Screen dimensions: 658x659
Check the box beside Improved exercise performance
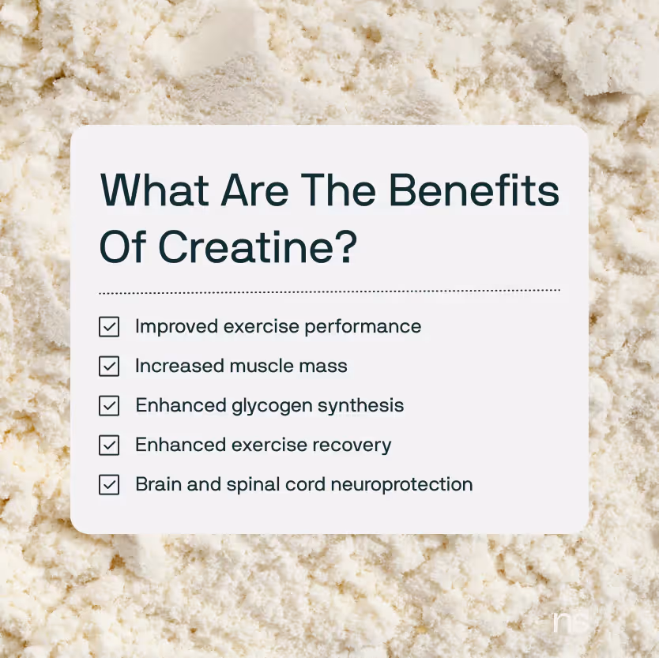click(x=109, y=327)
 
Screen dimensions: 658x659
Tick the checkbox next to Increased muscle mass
click(x=109, y=367)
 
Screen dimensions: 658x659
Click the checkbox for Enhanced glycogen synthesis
click(x=109, y=406)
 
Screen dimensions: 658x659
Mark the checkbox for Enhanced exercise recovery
click(x=109, y=446)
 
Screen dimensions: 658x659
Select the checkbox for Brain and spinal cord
click(x=109, y=485)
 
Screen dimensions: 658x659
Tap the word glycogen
click(x=270, y=406)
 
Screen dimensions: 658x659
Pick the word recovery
click(x=354, y=446)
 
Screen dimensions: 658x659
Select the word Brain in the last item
click(x=156, y=484)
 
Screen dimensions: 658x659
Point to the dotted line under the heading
click(x=329, y=291)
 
